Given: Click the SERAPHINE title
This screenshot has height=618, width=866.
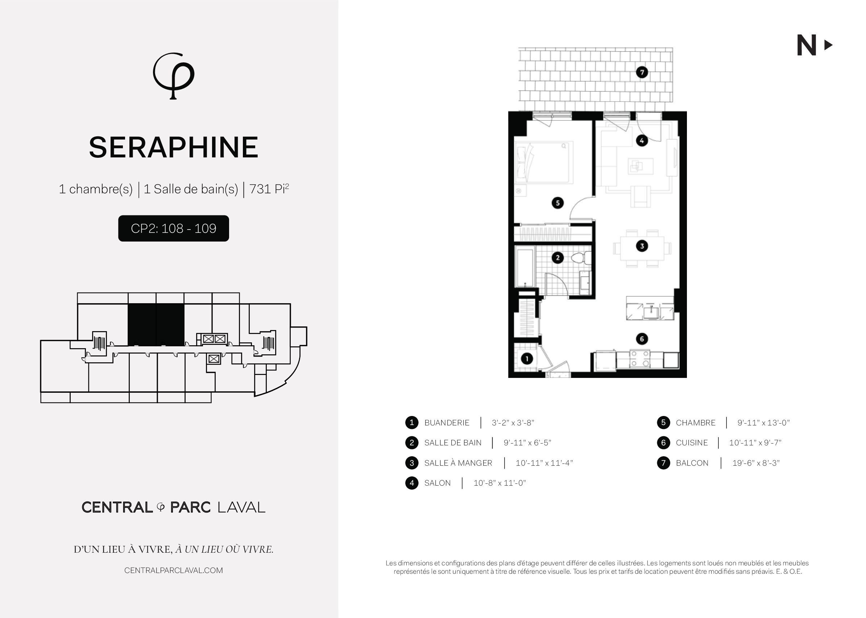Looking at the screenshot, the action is coord(173,147).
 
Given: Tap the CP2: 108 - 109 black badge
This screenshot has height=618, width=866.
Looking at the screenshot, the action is coord(173,228).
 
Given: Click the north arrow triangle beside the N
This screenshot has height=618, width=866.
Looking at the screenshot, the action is coord(828,45).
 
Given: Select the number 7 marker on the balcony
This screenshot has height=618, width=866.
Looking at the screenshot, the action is coord(642,72).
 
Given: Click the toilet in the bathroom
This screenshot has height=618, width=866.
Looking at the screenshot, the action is coord(581,258).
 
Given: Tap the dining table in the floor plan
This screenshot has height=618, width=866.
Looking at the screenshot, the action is coord(642,248).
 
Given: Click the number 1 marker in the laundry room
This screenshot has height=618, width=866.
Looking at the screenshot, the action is coord(527,358).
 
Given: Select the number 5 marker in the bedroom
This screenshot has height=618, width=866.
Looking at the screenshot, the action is coord(558,203).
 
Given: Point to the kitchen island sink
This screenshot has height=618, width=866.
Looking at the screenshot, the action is coord(651,312).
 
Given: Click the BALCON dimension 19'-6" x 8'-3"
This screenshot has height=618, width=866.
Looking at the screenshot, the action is coord(756,463).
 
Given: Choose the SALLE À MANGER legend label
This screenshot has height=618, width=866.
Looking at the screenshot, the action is coord(458,463).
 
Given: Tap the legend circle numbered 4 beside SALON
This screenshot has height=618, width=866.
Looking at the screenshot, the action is coord(411,483).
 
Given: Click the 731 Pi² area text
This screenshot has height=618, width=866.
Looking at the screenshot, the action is coord(269,189).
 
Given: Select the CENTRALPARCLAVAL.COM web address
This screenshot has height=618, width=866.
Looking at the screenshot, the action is coord(173,570).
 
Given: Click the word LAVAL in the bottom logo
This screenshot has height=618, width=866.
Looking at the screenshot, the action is coord(241,507).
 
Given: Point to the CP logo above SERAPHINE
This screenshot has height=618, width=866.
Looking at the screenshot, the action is coord(173,76).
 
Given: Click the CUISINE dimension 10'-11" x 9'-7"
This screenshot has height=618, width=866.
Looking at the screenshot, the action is coord(755,443).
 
